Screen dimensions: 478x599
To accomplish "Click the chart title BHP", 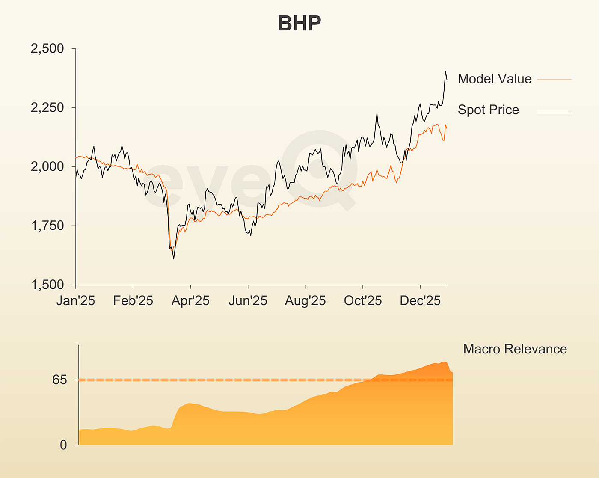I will [299, 23].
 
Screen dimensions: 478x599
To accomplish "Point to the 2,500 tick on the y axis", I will [47, 49].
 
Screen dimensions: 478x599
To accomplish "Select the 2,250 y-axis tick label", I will [47, 108].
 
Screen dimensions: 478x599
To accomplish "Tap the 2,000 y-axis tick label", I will [47, 167].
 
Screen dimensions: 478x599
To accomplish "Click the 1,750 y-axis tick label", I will [47, 226].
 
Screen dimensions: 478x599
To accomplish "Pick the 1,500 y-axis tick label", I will [47, 285].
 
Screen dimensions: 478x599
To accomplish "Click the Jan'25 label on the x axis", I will [76, 301].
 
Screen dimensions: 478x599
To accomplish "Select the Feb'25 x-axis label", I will [133, 301].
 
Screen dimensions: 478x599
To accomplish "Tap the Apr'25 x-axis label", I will [190, 301].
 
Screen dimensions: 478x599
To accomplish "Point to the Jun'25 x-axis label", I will [248, 301].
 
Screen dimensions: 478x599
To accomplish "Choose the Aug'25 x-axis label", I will [305, 301].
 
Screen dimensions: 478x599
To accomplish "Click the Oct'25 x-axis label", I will [363, 301].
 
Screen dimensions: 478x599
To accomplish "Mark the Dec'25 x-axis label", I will [420, 301].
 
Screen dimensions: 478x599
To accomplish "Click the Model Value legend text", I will [495, 79].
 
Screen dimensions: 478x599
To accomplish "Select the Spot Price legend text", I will [488, 110].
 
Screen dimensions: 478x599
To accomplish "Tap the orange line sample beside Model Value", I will [554, 80].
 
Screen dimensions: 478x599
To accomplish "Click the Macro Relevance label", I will [515, 349].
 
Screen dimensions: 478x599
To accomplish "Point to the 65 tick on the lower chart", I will [60, 380].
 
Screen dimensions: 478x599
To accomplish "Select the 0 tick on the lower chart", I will [63, 445].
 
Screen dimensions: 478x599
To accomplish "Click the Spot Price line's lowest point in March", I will [174, 259].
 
